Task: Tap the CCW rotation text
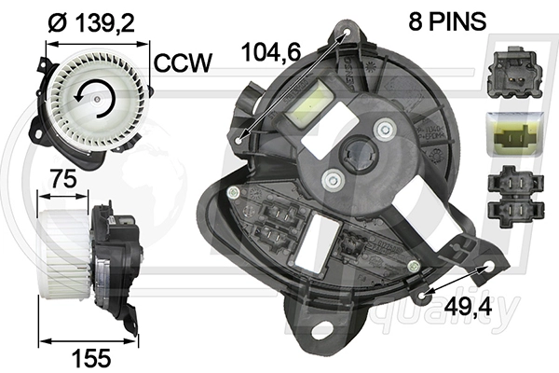click(x=184, y=64)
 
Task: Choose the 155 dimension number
click(x=92, y=355)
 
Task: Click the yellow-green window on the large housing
click(x=310, y=104)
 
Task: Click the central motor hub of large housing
click(x=358, y=153)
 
